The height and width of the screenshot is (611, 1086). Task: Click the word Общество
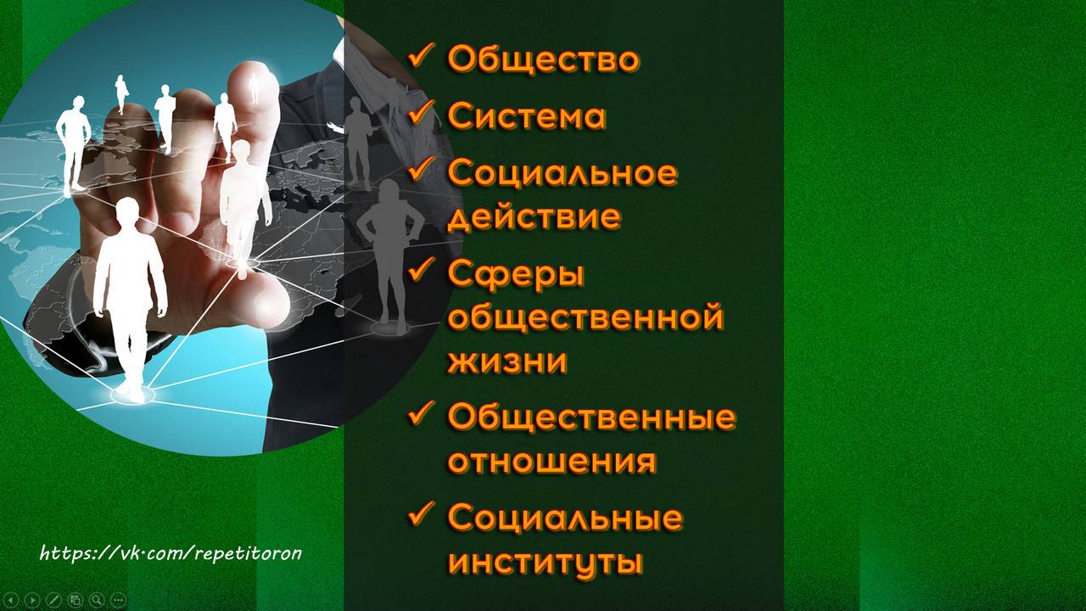point(543,59)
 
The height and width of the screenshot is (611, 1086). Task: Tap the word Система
point(526,116)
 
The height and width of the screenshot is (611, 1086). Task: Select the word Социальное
point(562,172)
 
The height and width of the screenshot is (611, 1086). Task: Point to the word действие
point(534,217)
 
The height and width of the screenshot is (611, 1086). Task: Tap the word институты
point(544,562)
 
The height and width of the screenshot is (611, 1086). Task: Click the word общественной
point(585,318)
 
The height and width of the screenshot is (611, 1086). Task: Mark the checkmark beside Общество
point(421,58)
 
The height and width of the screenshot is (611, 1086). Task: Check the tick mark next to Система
point(421,114)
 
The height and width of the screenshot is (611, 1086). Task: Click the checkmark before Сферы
point(421,272)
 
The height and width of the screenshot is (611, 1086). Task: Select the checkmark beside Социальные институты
point(421,514)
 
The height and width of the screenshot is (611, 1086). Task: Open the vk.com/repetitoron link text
point(171,554)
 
